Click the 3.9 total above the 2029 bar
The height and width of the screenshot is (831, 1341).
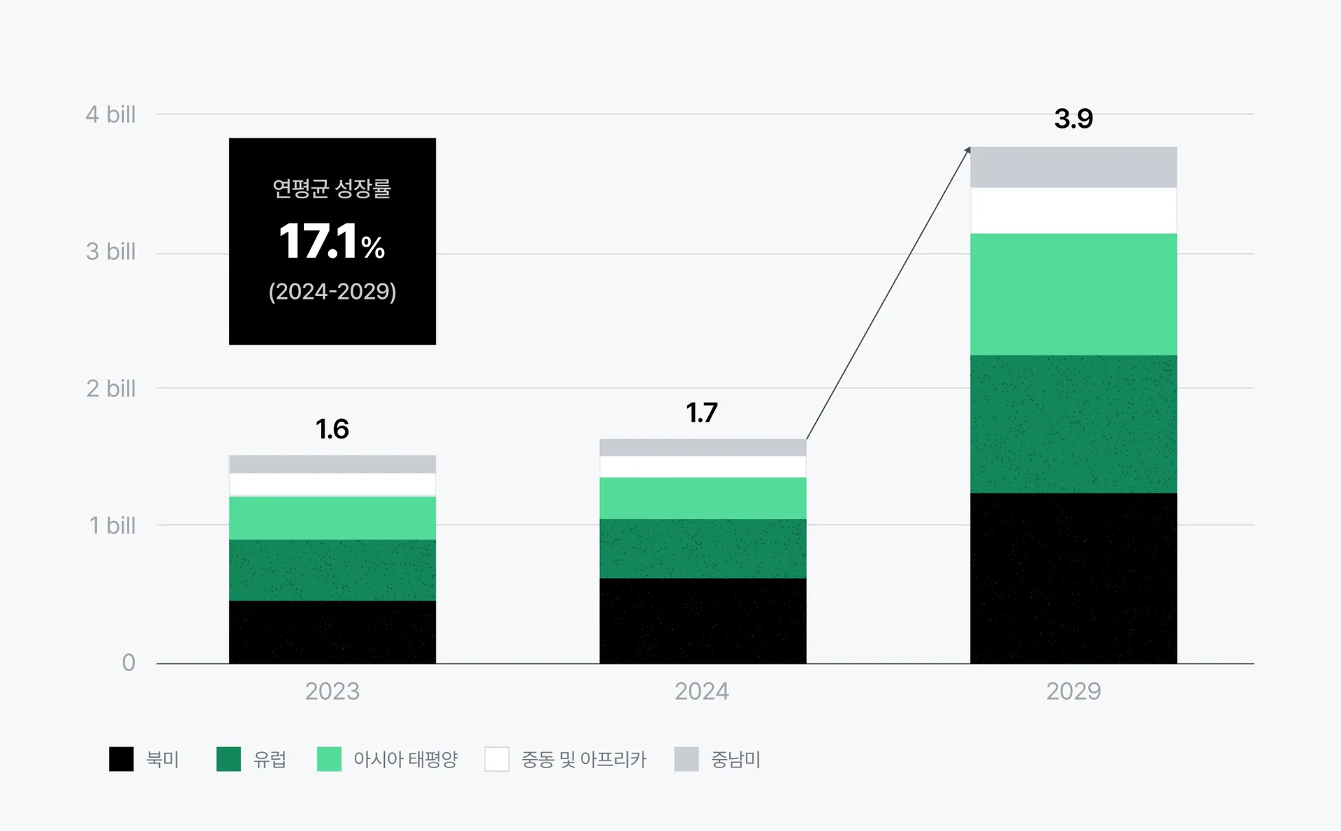[x=1073, y=119]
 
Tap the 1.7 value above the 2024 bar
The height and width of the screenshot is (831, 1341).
[x=702, y=413]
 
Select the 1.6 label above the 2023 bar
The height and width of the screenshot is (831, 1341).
[x=332, y=429]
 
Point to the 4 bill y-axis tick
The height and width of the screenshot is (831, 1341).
[x=110, y=115]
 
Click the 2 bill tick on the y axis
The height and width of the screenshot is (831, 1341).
[x=110, y=389]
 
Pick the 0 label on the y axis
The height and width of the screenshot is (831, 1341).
[x=129, y=662]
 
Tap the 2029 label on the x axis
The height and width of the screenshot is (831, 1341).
[x=1073, y=691]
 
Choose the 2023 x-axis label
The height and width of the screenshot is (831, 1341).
[x=332, y=691]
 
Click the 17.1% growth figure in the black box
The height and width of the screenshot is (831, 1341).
[x=332, y=242]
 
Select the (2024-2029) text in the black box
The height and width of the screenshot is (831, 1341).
[x=332, y=291]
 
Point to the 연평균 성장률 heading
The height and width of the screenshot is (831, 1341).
[x=332, y=189]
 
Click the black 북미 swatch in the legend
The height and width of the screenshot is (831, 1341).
[x=122, y=759]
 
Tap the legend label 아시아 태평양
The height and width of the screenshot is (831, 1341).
[x=405, y=759]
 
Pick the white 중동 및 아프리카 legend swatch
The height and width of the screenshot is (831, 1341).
[x=497, y=759]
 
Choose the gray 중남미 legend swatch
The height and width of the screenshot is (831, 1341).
[x=687, y=759]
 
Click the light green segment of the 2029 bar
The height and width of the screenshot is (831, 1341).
[x=1073, y=294]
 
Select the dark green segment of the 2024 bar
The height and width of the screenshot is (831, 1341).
[x=703, y=548]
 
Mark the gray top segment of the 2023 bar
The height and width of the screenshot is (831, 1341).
[x=332, y=464]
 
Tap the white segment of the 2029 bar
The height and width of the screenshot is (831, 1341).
[x=1073, y=210]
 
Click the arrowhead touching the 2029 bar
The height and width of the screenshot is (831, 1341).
[x=967, y=150]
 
